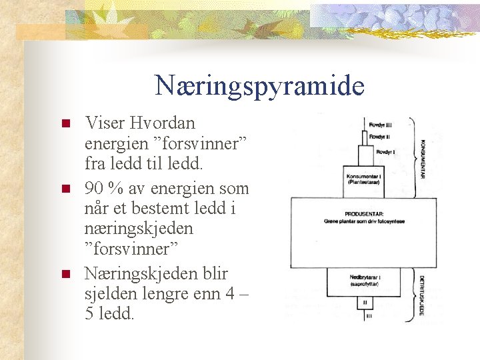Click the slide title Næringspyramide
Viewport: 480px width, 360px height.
click(259, 86)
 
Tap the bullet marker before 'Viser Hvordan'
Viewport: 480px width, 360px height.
click(65, 124)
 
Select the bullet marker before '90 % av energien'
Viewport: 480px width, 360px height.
click(65, 189)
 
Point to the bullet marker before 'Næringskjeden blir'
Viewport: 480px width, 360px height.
click(65, 274)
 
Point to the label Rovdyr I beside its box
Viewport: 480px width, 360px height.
click(386, 152)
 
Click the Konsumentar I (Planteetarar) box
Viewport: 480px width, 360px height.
click(365, 180)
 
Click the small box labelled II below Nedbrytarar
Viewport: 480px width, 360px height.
click(365, 303)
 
